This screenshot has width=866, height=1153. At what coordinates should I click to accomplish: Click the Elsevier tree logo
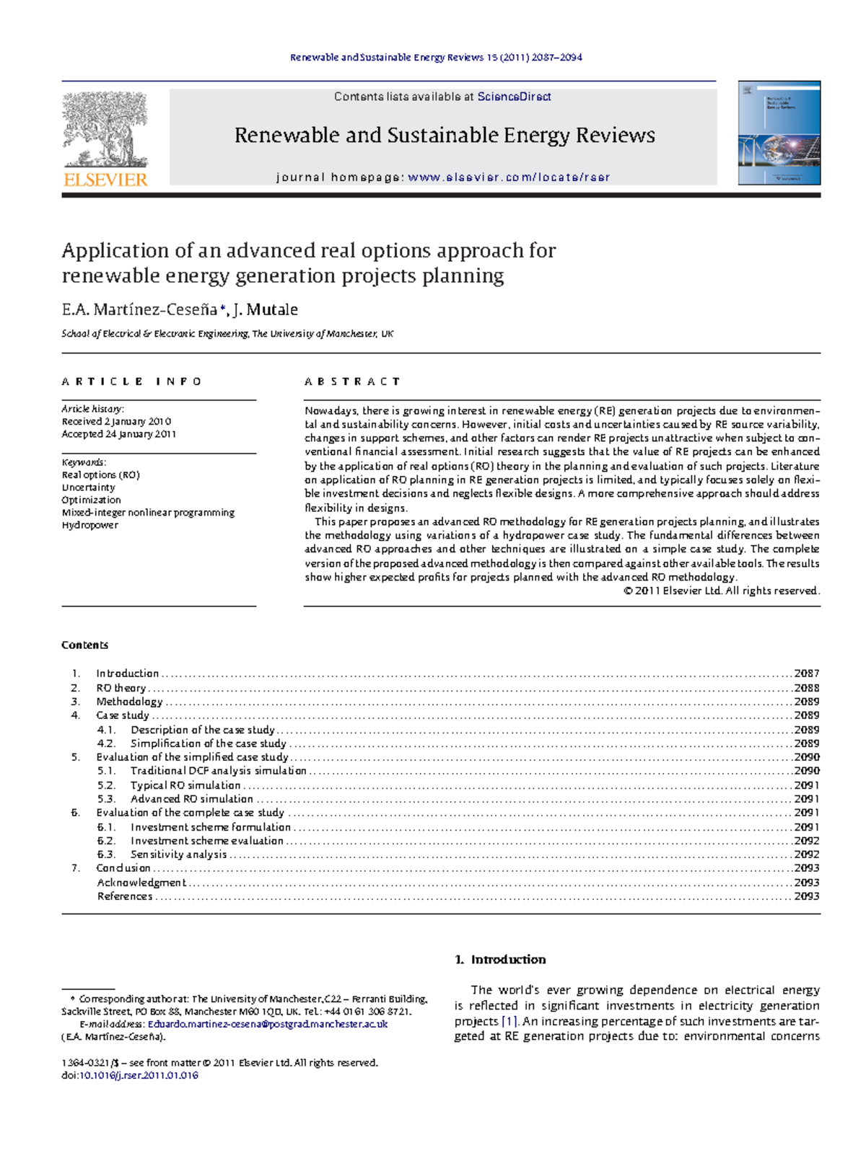click(105, 130)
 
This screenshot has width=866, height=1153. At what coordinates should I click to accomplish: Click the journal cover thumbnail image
click(779, 133)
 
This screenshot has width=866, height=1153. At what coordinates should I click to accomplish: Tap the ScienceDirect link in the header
click(514, 97)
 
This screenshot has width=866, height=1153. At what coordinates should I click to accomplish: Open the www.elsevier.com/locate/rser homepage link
click(509, 177)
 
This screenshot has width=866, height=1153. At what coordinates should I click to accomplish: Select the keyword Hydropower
click(90, 525)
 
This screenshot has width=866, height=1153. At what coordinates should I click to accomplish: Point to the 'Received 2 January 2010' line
click(116, 421)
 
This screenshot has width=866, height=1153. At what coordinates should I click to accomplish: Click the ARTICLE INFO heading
click(132, 381)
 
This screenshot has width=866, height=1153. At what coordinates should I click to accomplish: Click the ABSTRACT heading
click(352, 381)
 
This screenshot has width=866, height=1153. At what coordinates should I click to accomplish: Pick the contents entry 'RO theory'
click(121, 688)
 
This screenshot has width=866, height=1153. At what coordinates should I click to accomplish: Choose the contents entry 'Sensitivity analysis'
click(178, 854)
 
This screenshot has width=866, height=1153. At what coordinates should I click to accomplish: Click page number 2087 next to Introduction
click(806, 673)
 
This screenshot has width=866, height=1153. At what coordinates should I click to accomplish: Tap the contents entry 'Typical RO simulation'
click(185, 785)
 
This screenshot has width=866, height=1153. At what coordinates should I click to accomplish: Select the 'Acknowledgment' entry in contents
click(141, 883)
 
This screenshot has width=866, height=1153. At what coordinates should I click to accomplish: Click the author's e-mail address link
click(268, 1024)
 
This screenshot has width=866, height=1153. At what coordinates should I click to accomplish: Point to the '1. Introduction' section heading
click(500, 960)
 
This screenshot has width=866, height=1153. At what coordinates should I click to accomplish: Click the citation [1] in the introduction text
click(509, 1021)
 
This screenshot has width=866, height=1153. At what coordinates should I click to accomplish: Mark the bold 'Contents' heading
click(85, 645)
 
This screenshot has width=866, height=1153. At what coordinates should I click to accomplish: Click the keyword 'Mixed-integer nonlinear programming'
click(148, 513)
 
